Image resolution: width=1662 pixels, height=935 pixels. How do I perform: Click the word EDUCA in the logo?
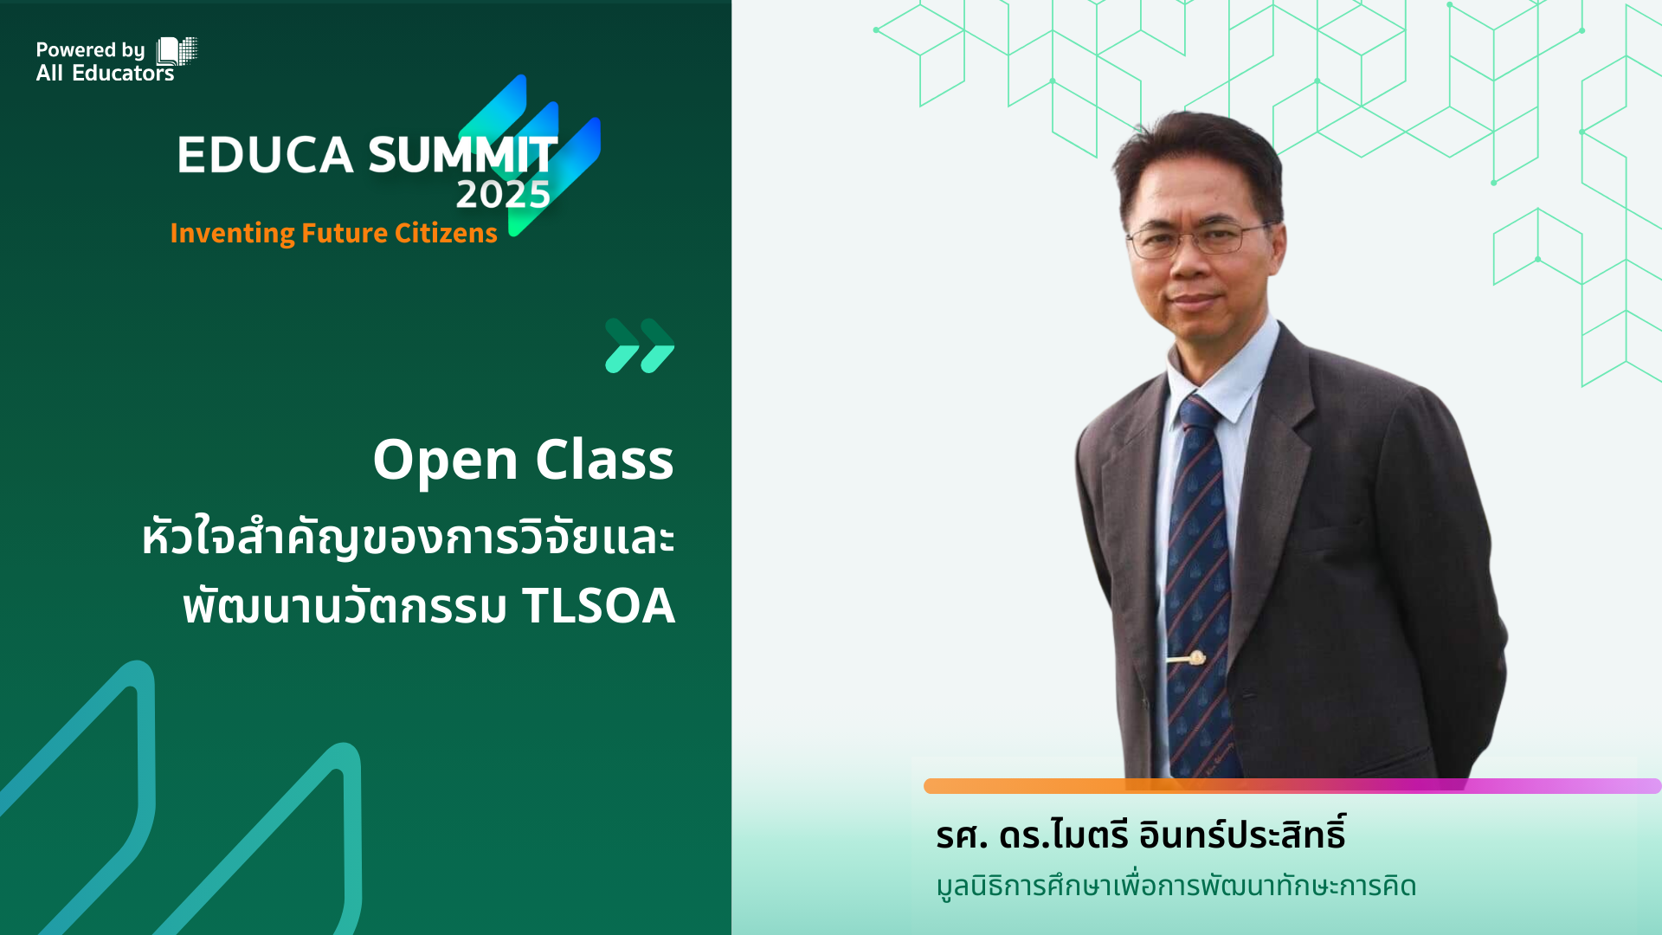tap(265, 156)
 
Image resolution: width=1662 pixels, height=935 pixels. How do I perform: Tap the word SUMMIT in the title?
tap(463, 156)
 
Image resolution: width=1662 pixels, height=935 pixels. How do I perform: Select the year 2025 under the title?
tap(503, 195)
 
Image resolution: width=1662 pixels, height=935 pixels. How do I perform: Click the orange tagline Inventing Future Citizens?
tap(333, 233)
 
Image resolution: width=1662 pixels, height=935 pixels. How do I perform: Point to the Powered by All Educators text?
tap(105, 61)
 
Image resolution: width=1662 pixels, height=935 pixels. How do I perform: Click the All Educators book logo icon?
tap(177, 51)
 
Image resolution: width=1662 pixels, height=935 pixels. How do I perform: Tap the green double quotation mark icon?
tap(640, 345)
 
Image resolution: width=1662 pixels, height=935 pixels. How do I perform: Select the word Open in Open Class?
tap(445, 460)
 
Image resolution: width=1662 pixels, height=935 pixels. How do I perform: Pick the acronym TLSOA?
tap(598, 605)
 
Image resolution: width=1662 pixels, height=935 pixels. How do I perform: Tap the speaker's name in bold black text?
tap(1141, 835)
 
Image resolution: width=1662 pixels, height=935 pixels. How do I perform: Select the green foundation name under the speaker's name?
tap(1176, 887)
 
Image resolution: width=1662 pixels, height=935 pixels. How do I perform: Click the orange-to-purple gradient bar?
tap(1292, 786)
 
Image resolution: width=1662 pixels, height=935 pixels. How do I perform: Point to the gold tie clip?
tap(1186, 659)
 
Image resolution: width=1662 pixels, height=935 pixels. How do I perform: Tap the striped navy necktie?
tap(1199, 589)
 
